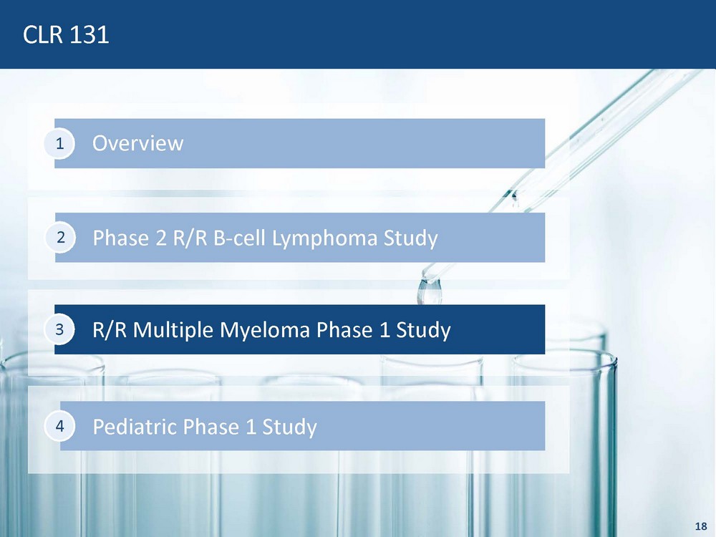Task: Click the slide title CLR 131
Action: tap(66, 34)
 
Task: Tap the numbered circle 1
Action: tap(59, 144)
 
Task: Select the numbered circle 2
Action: tap(60, 238)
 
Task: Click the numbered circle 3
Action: tap(59, 329)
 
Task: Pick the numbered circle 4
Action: tap(59, 426)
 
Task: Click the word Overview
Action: tap(138, 143)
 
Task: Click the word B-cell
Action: tap(239, 238)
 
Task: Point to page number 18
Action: tap(701, 526)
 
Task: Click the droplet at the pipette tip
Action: tap(429, 291)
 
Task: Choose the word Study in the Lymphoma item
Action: tap(410, 238)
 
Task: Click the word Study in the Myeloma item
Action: tap(423, 330)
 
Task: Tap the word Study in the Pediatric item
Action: tap(289, 427)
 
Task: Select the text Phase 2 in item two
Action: tap(130, 238)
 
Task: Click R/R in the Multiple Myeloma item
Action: tap(110, 329)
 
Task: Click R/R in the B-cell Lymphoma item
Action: tap(190, 238)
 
